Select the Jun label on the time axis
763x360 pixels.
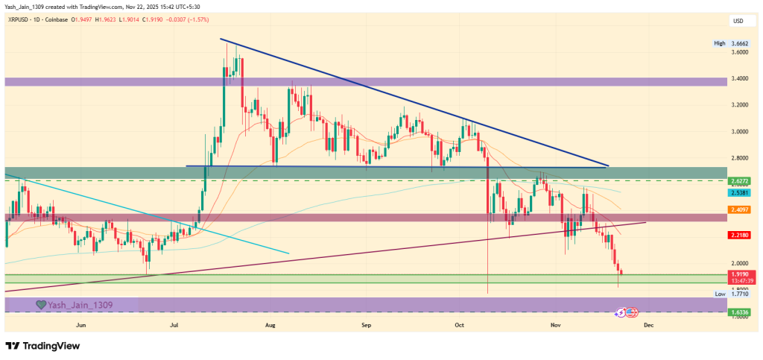click(x=80, y=326)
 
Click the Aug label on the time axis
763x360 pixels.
click(x=270, y=326)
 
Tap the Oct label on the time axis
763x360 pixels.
click(x=460, y=326)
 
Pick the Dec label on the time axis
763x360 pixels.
click(x=648, y=326)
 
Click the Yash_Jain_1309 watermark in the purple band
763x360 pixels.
click(x=71, y=304)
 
